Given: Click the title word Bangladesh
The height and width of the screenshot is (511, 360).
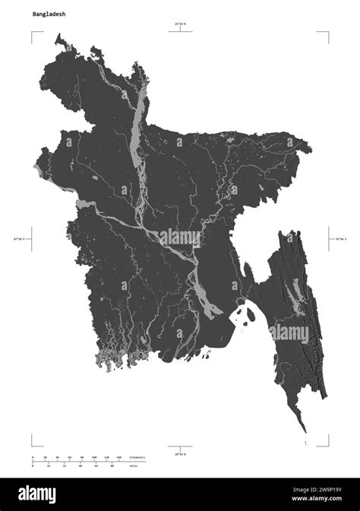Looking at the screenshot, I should click(47, 14).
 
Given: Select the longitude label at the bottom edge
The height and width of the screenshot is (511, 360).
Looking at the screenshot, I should click(180, 453).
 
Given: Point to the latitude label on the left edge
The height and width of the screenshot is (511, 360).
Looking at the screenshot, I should click(18, 238).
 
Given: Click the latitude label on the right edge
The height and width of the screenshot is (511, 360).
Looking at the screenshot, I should click(340, 238).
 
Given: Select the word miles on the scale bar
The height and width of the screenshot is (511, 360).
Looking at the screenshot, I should click(134, 466).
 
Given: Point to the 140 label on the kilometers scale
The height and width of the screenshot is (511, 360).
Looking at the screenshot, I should click(118, 458).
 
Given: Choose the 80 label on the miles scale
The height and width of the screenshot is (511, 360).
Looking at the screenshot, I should click(112, 466).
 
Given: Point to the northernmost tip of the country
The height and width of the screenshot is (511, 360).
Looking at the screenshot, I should click(58, 34).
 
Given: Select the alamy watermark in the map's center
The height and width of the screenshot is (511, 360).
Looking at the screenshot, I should click(179, 238).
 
